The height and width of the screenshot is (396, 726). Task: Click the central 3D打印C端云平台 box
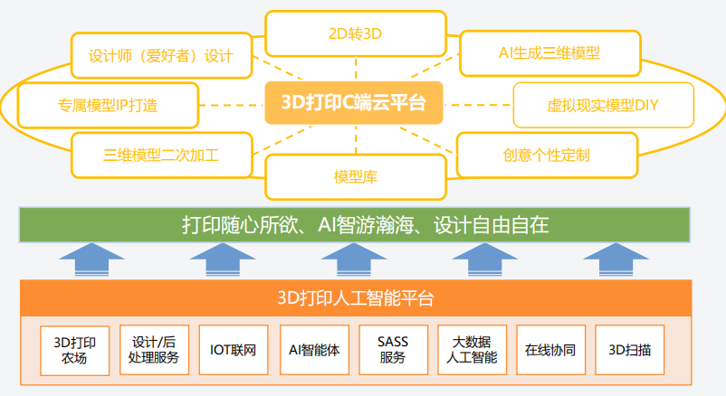pyautogui.click(x=355, y=102)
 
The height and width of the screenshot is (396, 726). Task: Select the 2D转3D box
pyautogui.click(x=355, y=34)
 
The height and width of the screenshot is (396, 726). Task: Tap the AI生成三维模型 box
pyautogui.click(x=549, y=52)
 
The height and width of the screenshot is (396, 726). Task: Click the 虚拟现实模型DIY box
pyautogui.click(x=603, y=105)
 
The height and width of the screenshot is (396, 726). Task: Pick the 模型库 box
pyautogui.click(x=355, y=176)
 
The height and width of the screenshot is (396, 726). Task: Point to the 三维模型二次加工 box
pyautogui.click(x=161, y=155)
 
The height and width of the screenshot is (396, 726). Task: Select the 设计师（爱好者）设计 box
pyautogui.click(x=161, y=55)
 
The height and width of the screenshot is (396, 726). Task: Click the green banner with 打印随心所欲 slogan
pyautogui.click(x=355, y=225)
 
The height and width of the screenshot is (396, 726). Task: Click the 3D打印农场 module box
pyautogui.click(x=75, y=350)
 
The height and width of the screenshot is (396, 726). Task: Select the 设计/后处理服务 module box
pyautogui.click(x=154, y=350)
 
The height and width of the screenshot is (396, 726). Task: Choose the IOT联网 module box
pyautogui.click(x=233, y=350)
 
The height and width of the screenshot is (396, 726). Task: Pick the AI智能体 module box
pyautogui.click(x=313, y=350)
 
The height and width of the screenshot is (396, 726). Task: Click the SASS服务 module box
pyautogui.click(x=392, y=350)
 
